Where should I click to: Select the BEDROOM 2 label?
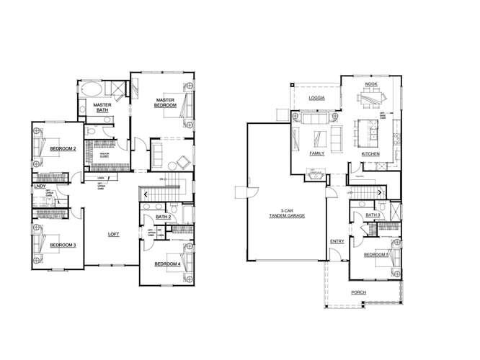click(x=63, y=148)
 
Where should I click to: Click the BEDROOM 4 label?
click(x=168, y=264)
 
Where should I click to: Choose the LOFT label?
click(x=114, y=233)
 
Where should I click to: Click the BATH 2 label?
click(x=163, y=216)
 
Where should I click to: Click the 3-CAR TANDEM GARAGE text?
click(x=284, y=214)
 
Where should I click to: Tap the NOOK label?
click(x=370, y=84)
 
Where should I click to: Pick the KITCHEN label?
click(x=370, y=153)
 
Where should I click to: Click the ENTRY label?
click(x=337, y=241)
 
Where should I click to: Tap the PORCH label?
click(x=358, y=292)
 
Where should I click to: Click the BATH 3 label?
click(x=373, y=215)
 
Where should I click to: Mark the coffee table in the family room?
click(x=320, y=137)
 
